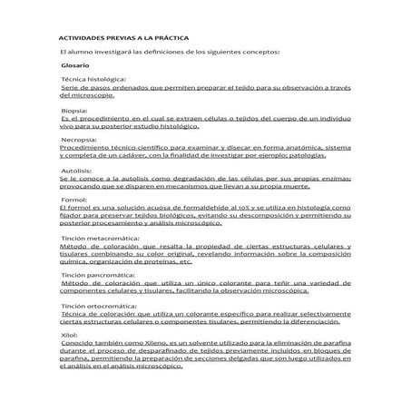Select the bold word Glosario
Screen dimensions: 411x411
point(75,67)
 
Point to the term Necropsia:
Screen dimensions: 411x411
point(82,141)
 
